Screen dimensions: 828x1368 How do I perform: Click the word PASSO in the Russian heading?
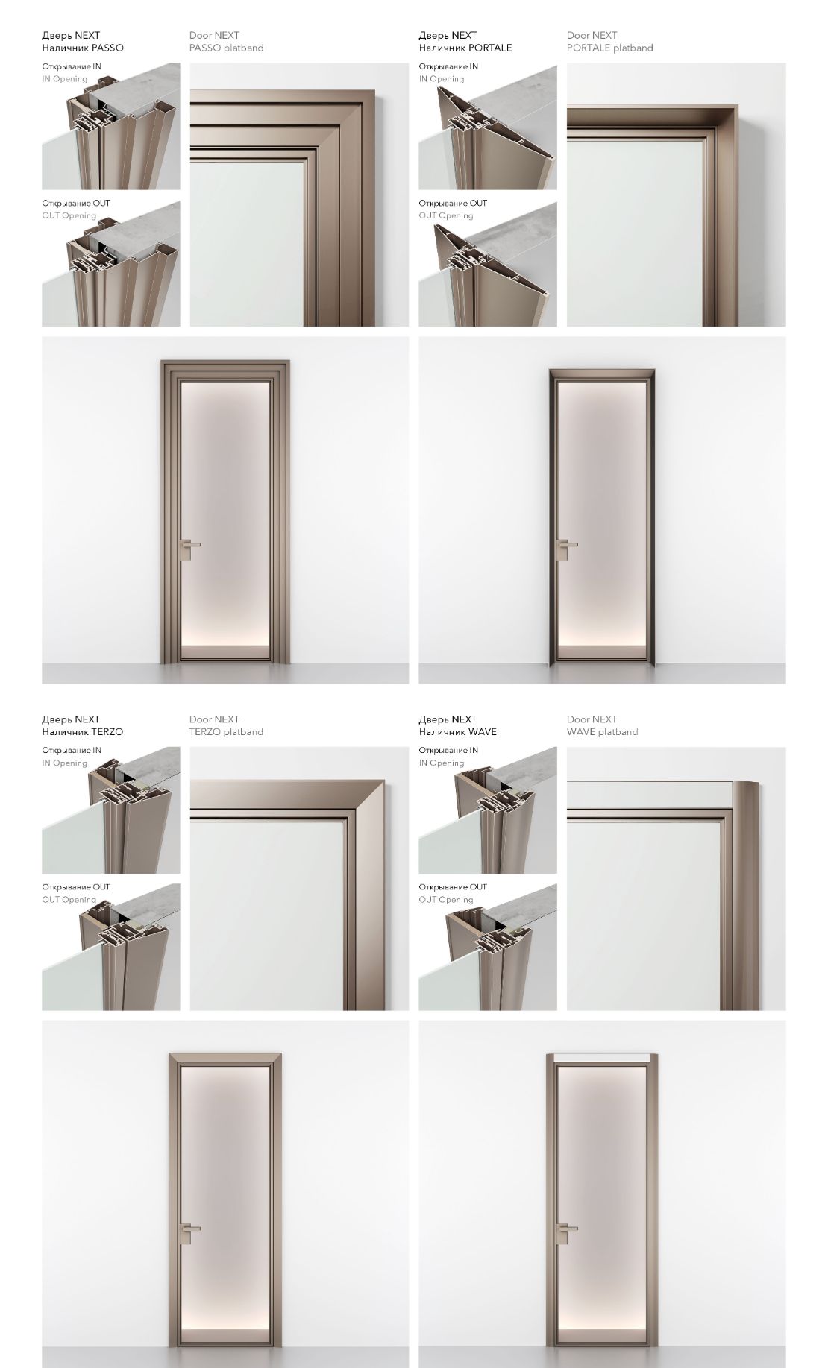tap(107, 48)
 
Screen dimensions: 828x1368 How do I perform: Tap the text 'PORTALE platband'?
tap(609, 48)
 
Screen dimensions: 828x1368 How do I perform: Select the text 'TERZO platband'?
tap(226, 732)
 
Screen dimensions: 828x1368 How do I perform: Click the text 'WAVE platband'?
tap(602, 732)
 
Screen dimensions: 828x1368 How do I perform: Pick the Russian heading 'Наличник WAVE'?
tap(457, 732)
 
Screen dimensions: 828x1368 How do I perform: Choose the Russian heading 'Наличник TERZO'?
tap(82, 732)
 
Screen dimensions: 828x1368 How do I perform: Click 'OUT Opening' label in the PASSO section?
tap(69, 215)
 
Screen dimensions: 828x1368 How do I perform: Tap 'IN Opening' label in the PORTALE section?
tap(441, 79)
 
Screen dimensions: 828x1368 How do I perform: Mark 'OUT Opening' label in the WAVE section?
tap(446, 900)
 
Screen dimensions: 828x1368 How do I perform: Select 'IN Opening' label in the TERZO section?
tap(64, 763)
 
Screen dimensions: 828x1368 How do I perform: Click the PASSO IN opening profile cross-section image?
tap(111, 126)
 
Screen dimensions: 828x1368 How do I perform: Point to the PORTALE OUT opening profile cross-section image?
tap(488, 264)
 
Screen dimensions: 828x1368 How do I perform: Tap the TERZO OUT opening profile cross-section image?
tap(111, 948)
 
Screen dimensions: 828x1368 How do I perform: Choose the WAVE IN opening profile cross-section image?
tap(488, 810)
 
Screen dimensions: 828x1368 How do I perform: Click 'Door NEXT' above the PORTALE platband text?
tap(592, 35)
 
